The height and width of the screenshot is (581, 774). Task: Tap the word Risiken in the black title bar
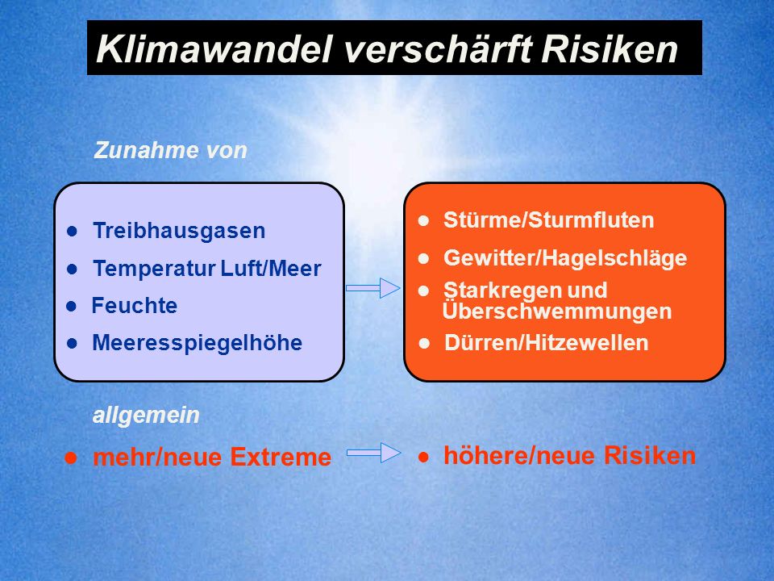(x=610, y=49)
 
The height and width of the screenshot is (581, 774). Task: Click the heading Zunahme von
(x=170, y=150)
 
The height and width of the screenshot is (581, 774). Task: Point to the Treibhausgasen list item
(x=179, y=231)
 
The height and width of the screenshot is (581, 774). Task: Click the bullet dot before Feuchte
(x=72, y=307)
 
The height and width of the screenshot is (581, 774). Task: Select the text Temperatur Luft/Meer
(x=207, y=268)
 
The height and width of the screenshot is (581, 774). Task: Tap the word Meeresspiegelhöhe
(x=198, y=343)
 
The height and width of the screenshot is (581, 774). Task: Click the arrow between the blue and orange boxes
(x=373, y=288)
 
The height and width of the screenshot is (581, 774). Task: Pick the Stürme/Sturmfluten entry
(x=549, y=219)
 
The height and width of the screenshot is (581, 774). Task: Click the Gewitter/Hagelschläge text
(x=565, y=258)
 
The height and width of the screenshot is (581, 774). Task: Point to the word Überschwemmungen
(x=557, y=311)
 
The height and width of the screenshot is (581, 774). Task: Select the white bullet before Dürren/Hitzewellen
(x=424, y=344)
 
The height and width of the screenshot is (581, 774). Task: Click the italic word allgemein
(x=146, y=416)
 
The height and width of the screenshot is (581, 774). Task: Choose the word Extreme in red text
(x=281, y=457)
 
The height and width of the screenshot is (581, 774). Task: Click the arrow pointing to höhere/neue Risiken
(x=373, y=453)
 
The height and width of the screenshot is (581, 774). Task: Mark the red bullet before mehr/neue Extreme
(x=71, y=458)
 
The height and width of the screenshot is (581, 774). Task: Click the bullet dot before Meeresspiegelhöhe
(x=72, y=344)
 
